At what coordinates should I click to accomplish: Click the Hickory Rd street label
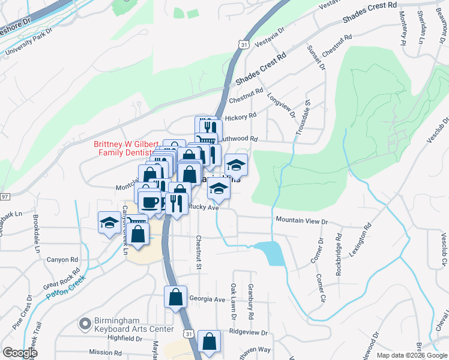(243, 115)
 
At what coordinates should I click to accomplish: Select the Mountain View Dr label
(301, 221)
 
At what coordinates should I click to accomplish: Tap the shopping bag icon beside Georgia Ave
(175, 298)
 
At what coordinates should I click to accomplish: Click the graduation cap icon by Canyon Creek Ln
(109, 223)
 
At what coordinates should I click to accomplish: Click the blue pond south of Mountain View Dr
(269, 253)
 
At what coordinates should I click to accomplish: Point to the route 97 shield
(5, 197)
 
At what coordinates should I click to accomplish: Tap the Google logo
(20, 353)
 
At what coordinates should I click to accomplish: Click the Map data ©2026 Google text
(412, 355)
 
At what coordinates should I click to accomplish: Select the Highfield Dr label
(124, 338)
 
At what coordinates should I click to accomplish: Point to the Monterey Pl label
(402, 29)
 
